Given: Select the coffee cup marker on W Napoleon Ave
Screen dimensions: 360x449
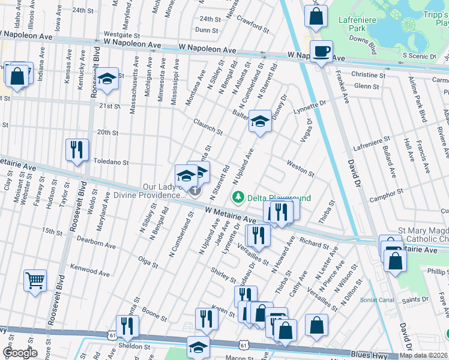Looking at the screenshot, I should [x=321, y=51].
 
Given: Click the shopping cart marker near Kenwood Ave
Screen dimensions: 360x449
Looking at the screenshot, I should [x=35, y=280].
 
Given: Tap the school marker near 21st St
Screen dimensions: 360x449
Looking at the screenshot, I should [x=107, y=80].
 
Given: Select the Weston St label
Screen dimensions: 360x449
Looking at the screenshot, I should [x=300, y=168].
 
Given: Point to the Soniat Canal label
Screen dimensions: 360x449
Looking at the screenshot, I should [x=376, y=299].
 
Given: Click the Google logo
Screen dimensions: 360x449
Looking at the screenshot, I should [x=19, y=353].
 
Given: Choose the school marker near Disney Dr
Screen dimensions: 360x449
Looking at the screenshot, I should [x=261, y=122].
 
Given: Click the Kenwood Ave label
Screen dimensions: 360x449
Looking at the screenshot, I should [x=90, y=269].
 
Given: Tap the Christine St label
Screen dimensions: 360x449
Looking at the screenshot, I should [x=368, y=75].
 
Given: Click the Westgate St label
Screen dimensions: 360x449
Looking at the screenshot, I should [x=117, y=34].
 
